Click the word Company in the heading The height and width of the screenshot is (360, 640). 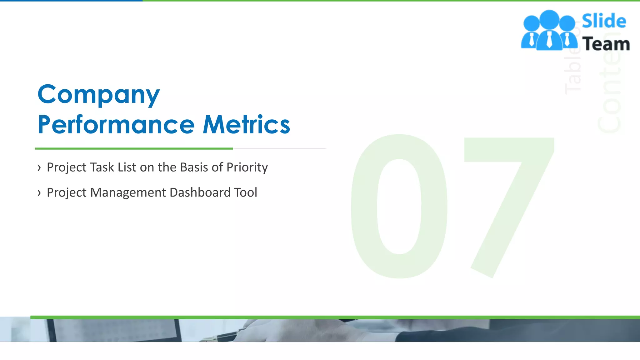click(x=98, y=95)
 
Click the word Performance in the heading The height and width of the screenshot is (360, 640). click(x=116, y=125)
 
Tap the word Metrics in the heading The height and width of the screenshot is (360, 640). click(x=246, y=125)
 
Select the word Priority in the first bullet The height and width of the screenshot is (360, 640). click(x=247, y=167)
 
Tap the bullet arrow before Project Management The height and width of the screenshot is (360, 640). click(x=39, y=193)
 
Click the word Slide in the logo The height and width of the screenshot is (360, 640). click(x=604, y=21)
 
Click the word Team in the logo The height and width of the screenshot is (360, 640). click(x=606, y=44)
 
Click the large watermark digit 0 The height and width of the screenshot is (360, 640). click(x=399, y=206)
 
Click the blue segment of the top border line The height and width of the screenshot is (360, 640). click(x=71, y=1)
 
